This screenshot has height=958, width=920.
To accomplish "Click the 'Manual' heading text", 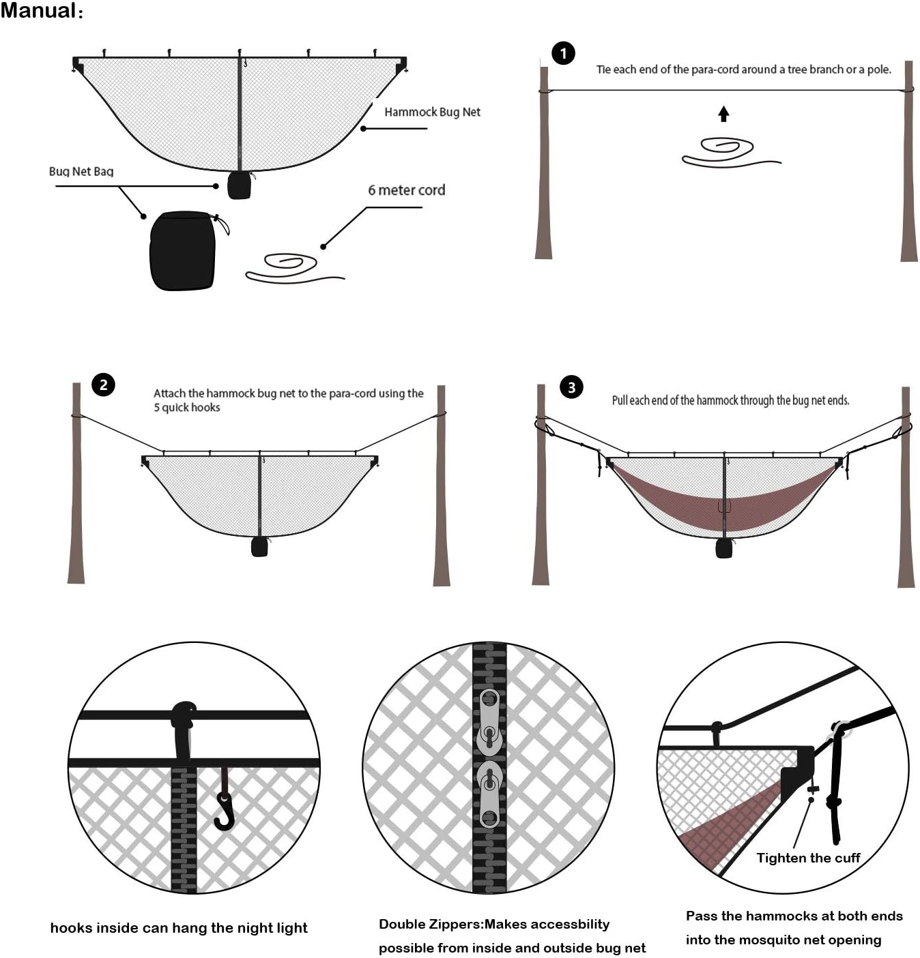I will pyautogui.click(x=40, y=11).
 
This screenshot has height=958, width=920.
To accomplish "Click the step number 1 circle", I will pyautogui.click(x=563, y=53).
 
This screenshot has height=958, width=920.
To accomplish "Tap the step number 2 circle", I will pyautogui.click(x=103, y=385).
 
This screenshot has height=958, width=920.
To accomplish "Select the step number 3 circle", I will pyautogui.click(x=571, y=387).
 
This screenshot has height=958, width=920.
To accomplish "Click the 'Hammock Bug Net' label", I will pyautogui.click(x=432, y=112).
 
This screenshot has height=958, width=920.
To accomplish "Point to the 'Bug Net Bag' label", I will pyautogui.click(x=81, y=171).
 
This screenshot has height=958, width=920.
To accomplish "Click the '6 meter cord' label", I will pyautogui.click(x=406, y=190).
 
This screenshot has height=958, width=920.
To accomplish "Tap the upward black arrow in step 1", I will pyautogui.click(x=723, y=114).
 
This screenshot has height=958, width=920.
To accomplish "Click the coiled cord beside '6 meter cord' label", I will pyautogui.click(x=292, y=268).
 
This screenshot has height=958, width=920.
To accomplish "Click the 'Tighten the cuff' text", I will pyautogui.click(x=808, y=858).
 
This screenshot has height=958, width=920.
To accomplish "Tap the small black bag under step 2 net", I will pyautogui.click(x=259, y=546).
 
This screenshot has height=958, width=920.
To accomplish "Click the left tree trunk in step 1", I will pyautogui.click(x=544, y=164).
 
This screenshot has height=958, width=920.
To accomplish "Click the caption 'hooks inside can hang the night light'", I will pyautogui.click(x=179, y=927).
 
